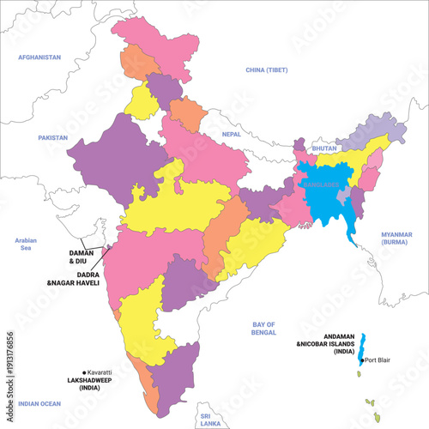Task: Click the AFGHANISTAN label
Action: pyautogui.click(x=40, y=57)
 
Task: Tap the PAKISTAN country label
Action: pyautogui.click(x=52, y=137)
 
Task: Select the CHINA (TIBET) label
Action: pyautogui.click(x=267, y=69)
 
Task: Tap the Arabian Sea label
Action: pyautogui.click(x=25, y=245)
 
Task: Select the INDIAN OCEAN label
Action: pyautogui.click(x=40, y=403)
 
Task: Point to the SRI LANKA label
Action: pyautogui.click(x=206, y=419)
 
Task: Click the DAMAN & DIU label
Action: pyautogui.click(x=85, y=257)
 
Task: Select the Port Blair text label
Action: pyautogui.click(x=378, y=360)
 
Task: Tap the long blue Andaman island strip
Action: pyautogui.click(x=362, y=347)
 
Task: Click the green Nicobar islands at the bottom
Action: pyautogui.click(x=372, y=403)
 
